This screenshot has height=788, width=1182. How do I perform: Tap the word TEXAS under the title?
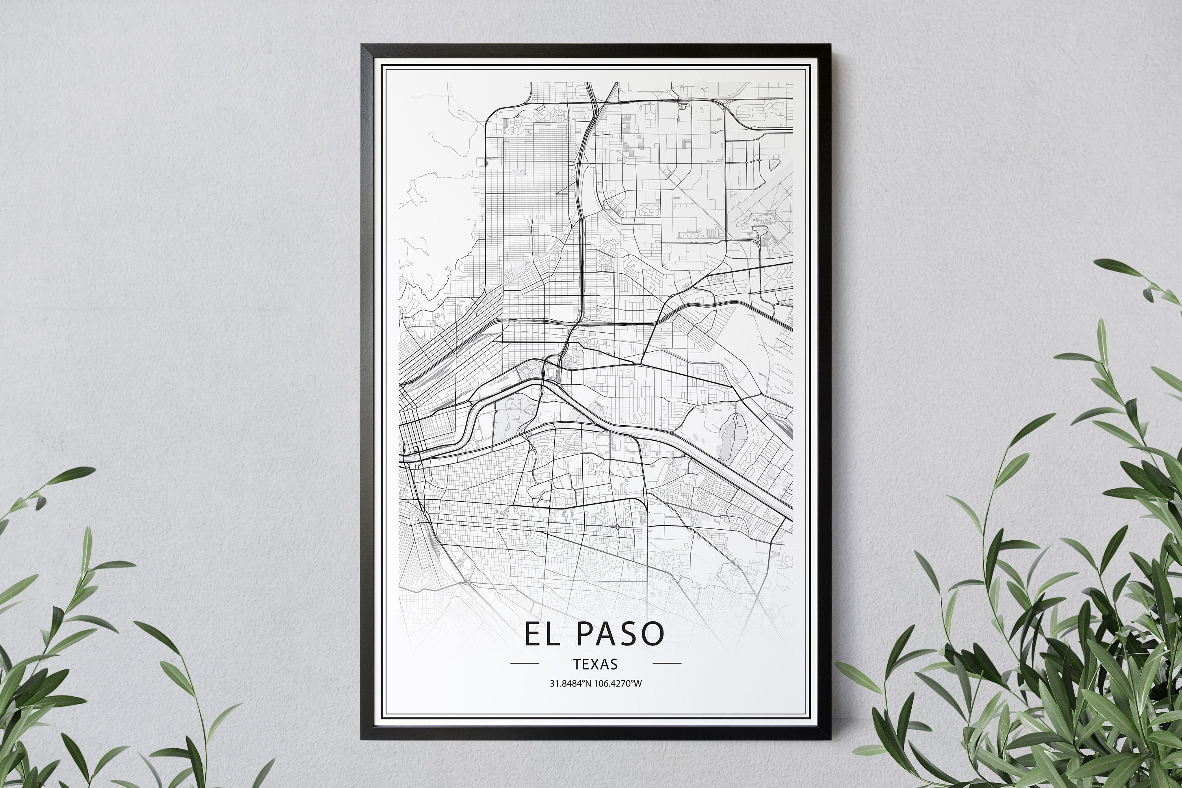coord(595,664)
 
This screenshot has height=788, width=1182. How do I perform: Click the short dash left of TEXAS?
coord(524,664)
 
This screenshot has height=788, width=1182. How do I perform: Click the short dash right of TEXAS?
coord(667,664)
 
